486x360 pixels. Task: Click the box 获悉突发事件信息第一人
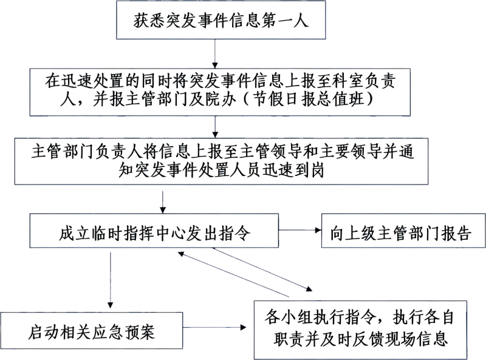[x=221, y=22]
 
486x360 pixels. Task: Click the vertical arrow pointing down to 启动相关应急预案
[x=110, y=279]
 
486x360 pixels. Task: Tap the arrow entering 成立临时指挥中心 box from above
[x=163, y=201]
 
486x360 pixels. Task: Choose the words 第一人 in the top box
[x=288, y=22]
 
